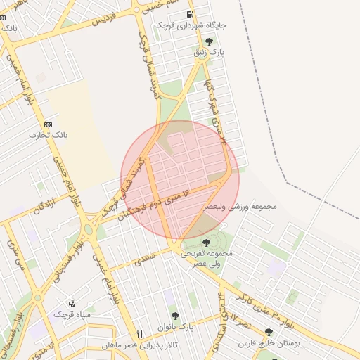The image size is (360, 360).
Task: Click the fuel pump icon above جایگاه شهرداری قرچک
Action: click(189, 14)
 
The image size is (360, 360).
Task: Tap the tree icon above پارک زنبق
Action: click(208, 41)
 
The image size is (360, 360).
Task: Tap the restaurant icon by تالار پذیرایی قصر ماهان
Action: click(139, 334)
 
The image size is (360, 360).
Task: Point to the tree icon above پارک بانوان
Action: click(175, 316)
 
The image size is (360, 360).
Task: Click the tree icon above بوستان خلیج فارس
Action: click(269, 332)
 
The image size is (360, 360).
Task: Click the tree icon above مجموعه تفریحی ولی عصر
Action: click(205, 243)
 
